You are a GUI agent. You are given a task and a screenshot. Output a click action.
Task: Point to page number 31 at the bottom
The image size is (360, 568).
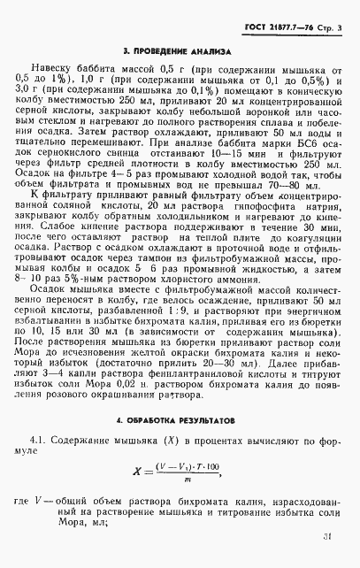[328, 535]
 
